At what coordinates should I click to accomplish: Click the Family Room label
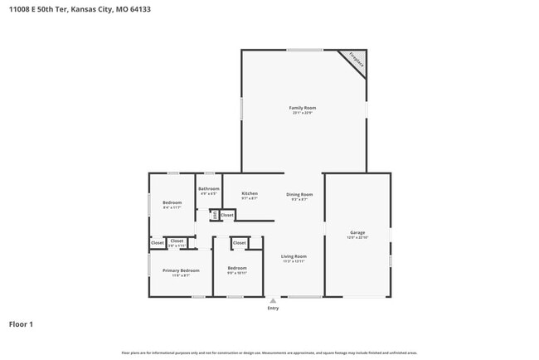(x=302, y=108)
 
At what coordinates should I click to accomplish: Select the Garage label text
(x=357, y=232)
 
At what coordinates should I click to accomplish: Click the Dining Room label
(x=299, y=194)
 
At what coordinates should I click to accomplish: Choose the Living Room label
(x=294, y=256)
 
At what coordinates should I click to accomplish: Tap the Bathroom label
(x=208, y=188)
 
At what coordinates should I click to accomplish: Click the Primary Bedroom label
(x=181, y=270)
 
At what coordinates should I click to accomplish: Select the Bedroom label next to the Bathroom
(x=172, y=203)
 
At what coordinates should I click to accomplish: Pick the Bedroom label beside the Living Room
(x=237, y=268)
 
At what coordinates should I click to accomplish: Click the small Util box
(x=214, y=216)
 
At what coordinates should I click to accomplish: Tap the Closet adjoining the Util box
(x=226, y=216)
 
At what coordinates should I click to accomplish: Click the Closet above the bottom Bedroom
(x=239, y=243)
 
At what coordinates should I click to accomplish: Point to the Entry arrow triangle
(x=273, y=300)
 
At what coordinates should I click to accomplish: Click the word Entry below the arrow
(x=273, y=308)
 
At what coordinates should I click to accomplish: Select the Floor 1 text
(x=21, y=324)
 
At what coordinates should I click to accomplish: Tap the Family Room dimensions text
(x=302, y=113)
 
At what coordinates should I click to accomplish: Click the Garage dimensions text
(x=357, y=237)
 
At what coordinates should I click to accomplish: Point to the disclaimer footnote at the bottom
(x=269, y=353)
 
